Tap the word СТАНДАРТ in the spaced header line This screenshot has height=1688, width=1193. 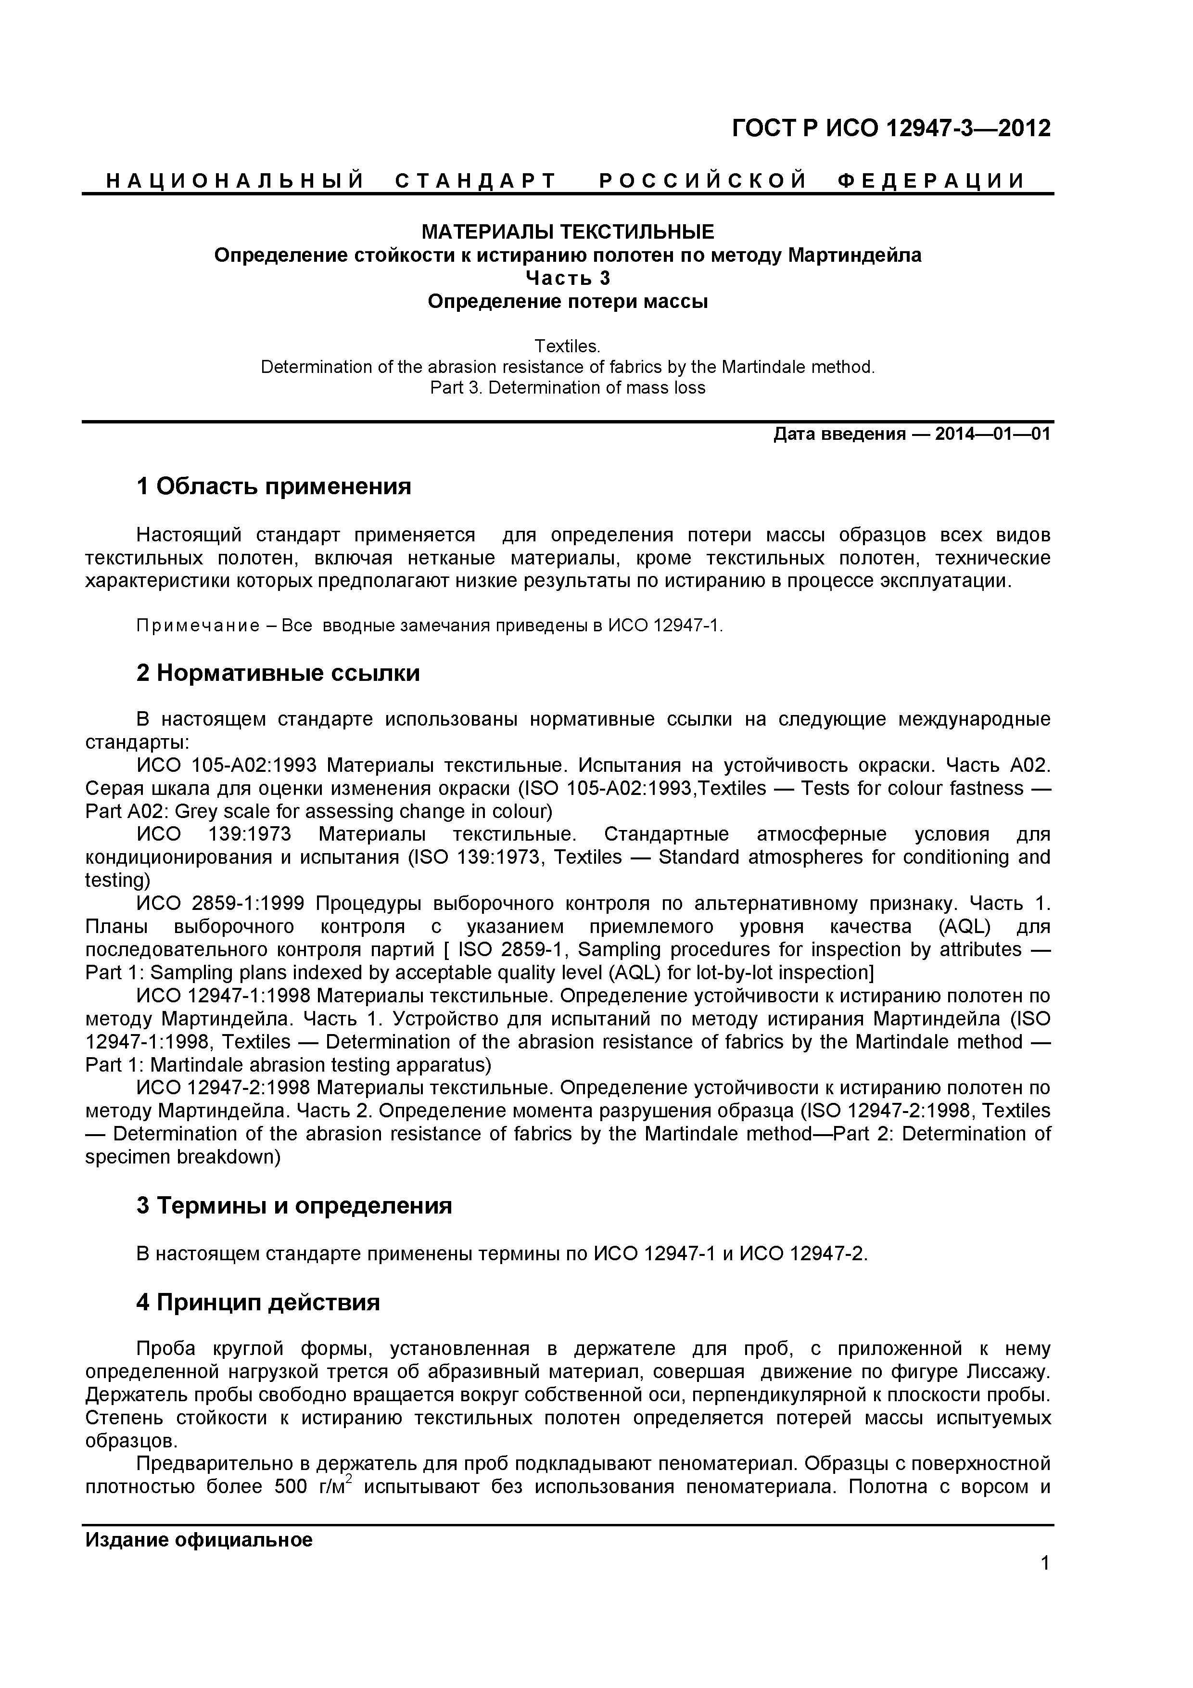click(x=476, y=181)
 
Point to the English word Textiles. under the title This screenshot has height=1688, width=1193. click(x=567, y=345)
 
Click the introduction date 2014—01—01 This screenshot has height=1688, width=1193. click(x=992, y=435)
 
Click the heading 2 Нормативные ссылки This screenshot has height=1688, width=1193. click(x=278, y=673)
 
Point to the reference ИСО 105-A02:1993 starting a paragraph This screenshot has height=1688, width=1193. click(x=227, y=766)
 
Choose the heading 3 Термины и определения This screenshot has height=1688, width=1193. click(x=294, y=1206)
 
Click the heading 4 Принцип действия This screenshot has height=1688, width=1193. click(x=258, y=1303)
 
